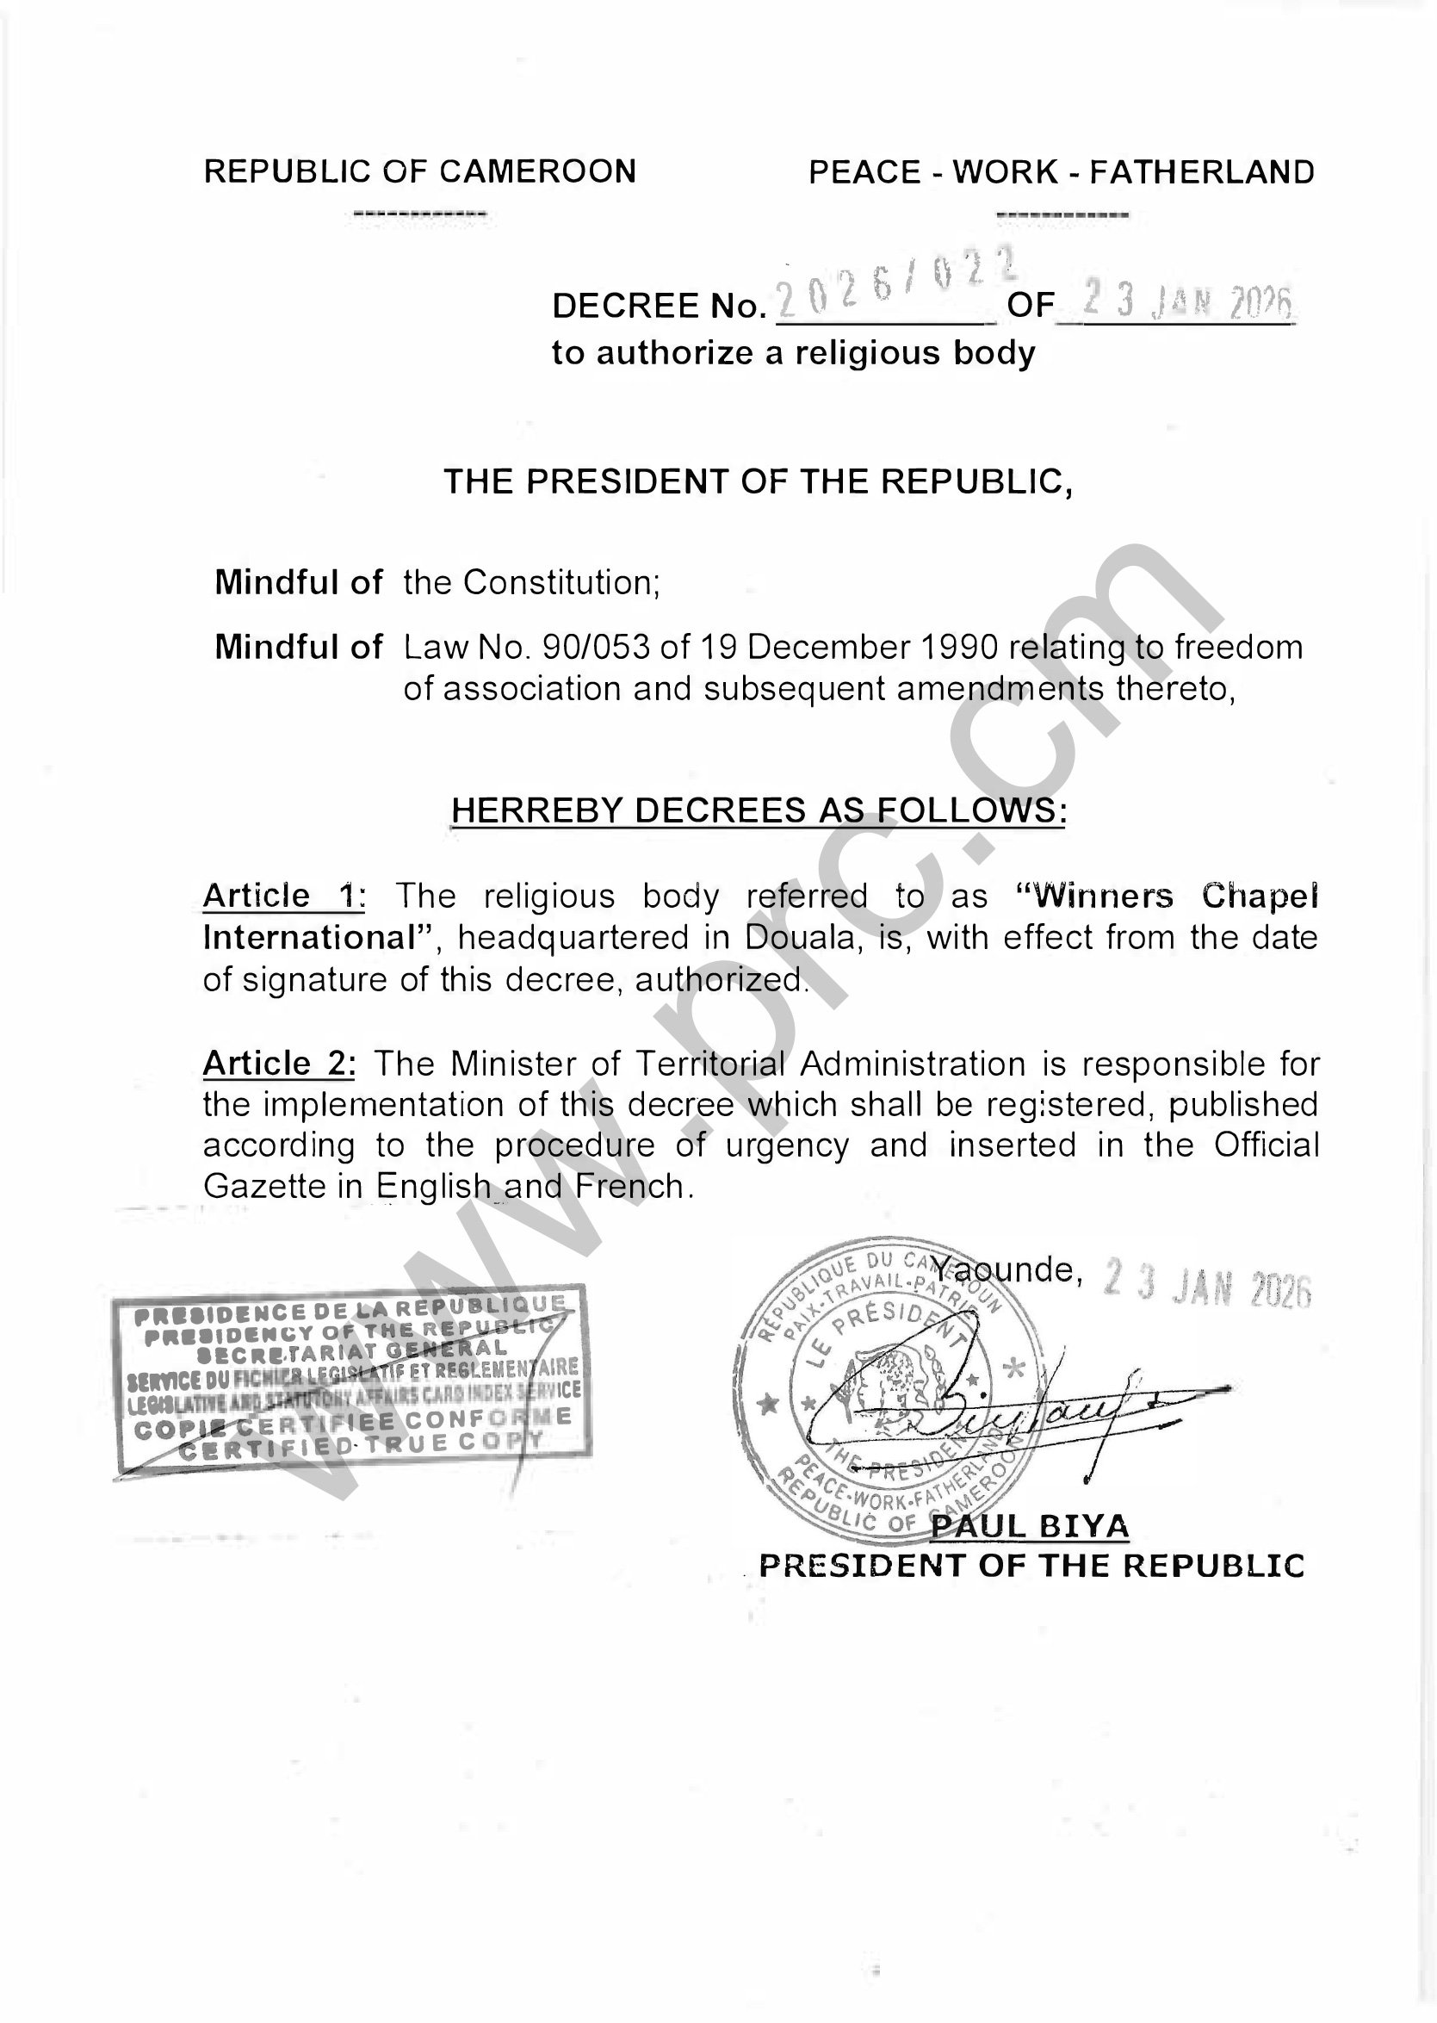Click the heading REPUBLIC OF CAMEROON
coord(419,171)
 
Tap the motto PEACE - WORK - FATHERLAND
coord(1061,172)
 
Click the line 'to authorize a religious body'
coord(793,353)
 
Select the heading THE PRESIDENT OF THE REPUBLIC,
coord(758,481)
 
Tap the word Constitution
coord(561,582)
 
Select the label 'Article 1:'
coord(283,896)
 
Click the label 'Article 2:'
coord(279,1063)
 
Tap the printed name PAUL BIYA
coord(1030,1526)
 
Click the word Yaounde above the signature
coord(1007,1270)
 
